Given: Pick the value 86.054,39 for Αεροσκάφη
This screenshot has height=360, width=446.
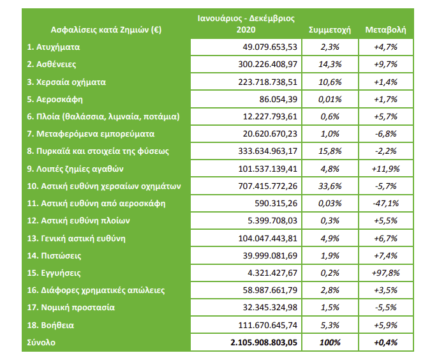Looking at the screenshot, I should coord(276,100).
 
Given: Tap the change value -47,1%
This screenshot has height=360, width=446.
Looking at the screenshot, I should coord(385,204).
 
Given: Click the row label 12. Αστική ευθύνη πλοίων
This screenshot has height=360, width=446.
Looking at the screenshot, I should coord(78,221).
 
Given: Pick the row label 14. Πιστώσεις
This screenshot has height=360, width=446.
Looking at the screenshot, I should coord(55,255).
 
